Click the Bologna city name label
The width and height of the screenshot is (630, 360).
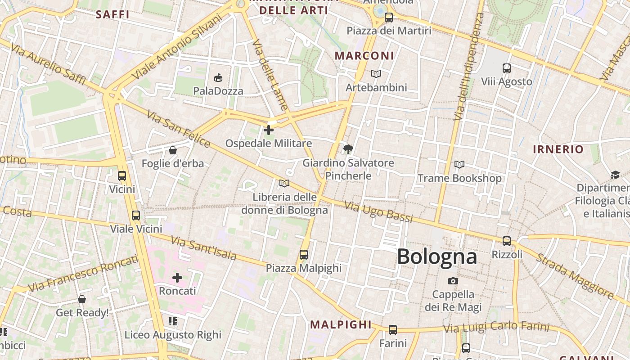pos(436,256)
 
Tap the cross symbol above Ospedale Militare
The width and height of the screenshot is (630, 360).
pos(269,130)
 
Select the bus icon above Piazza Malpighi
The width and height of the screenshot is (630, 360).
pos(304,255)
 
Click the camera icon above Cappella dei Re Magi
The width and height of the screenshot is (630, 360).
pos(453,281)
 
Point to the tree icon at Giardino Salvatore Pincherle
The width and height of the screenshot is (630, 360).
pos(348,149)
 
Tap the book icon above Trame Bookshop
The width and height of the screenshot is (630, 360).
pos(459,165)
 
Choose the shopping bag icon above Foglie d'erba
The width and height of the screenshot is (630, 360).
pos(173,150)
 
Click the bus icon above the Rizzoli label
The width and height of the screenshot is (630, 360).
pos(507,241)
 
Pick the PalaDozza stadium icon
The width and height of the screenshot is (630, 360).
pos(218,77)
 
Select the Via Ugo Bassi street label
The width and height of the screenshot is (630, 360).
pos(378,212)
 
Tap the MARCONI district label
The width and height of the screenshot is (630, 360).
pos(364,56)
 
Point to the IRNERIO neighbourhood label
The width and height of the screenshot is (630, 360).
pos(558,149)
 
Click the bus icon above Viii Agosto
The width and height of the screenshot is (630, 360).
pos(507,68)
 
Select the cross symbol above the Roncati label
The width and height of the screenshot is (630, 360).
pos(177,278)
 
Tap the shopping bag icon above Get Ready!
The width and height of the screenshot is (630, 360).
pos(82,299)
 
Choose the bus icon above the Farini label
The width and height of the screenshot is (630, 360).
pos(393,330)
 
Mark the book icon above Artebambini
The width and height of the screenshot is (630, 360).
pos(376,74)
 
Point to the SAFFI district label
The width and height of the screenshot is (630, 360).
pos(112,14)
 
